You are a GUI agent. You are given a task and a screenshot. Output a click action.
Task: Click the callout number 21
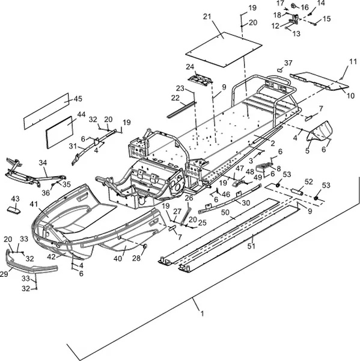click(x=207, y=17)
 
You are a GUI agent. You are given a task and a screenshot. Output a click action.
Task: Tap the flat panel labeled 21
click(x=224, y=50)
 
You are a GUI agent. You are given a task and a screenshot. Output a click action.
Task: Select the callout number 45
click(x=78, y=99)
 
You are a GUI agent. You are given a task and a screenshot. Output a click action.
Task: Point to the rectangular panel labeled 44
click(x=59, y=132)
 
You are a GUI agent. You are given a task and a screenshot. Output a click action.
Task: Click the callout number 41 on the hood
click(x=34, y=205)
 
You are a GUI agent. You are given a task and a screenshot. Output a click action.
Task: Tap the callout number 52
click(x=309, y=182)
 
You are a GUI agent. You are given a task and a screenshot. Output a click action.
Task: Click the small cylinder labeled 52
click(x=297, y=191)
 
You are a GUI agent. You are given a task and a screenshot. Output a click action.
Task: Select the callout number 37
click(x=288, y=63)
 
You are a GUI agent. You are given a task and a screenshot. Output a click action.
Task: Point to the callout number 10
click(x=350, y=96)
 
